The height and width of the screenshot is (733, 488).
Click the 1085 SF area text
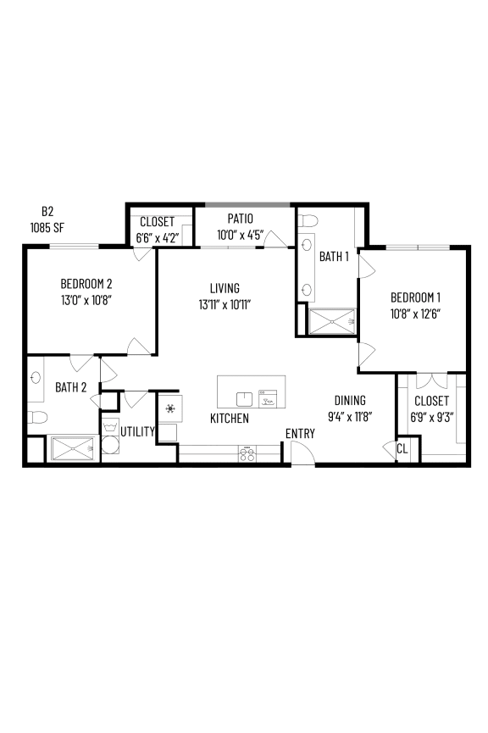47,227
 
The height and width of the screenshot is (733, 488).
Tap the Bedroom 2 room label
86,284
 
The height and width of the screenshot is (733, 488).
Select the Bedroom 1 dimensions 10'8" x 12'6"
415,313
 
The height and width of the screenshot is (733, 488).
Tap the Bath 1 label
334,257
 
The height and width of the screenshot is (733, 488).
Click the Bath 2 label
71,387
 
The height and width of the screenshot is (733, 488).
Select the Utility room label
137,431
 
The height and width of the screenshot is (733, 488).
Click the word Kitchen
230,419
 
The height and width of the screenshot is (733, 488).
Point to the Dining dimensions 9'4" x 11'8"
349,416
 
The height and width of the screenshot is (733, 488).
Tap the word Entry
300,434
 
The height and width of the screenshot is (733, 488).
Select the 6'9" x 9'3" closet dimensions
432,416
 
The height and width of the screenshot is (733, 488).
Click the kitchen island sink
245,398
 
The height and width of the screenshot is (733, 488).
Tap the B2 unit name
47,211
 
